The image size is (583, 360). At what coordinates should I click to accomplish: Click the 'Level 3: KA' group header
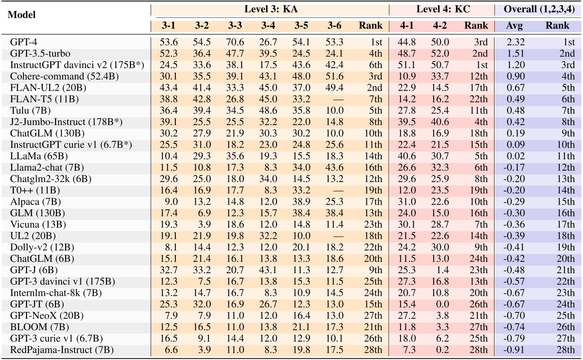pyautogui.click(x=271, y=9)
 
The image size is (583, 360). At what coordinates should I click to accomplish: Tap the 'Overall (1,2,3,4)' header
pyautogui.click(x=539, y=9)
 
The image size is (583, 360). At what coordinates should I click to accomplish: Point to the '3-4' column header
pyautogui.click(x=268, y=26)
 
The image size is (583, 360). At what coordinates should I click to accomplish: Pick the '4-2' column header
pyautogui.click(x=440, y=26)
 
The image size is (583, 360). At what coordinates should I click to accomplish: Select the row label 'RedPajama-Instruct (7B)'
pyautogui.click(x=62, y=350)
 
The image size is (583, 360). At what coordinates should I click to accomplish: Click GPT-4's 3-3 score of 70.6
pyautogui.click(x=235, y=42)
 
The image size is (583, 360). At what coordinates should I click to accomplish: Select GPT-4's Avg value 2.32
pyautogui.click(x=513, y=42)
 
